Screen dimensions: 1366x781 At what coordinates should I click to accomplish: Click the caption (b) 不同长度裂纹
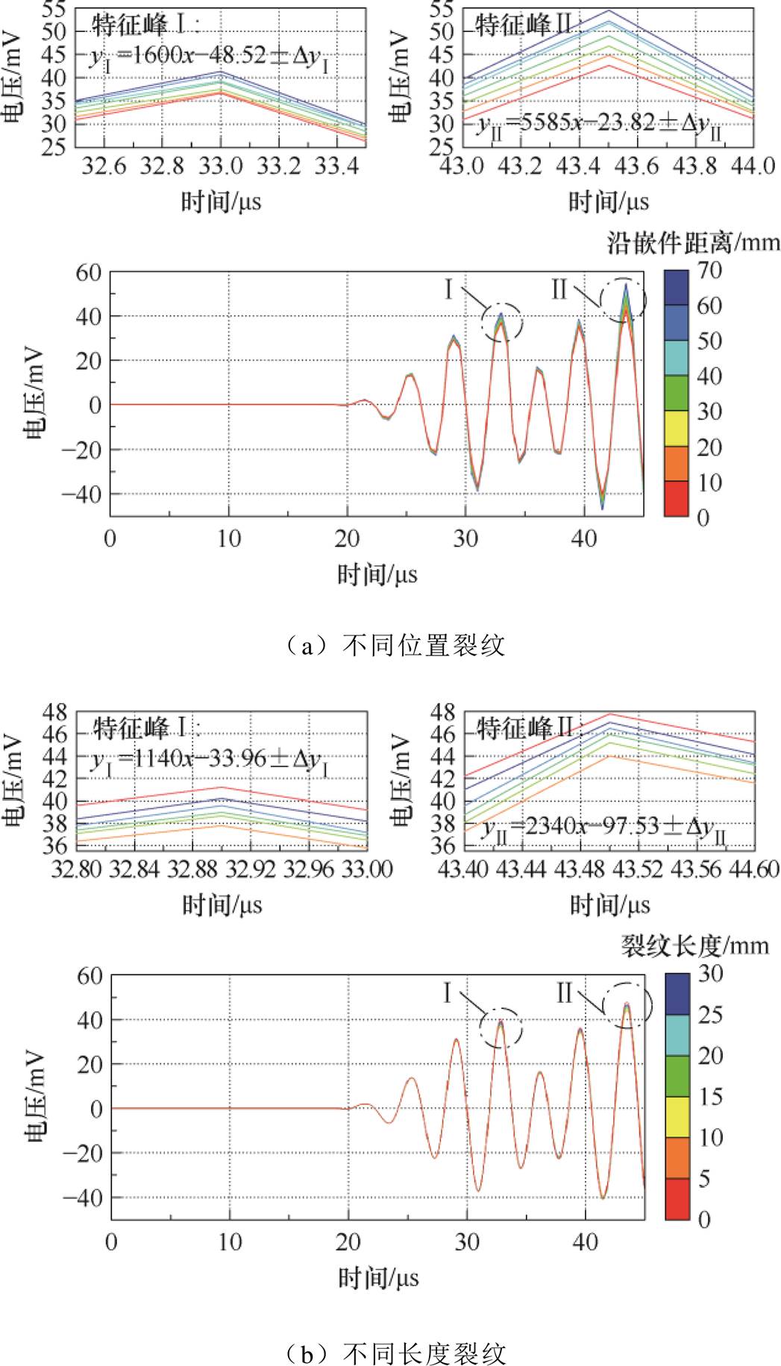[x=396, y=1352]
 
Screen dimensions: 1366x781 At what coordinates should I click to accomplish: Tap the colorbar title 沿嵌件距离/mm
[x=693, y=243]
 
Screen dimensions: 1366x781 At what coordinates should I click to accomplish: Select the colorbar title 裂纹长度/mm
[x=694, y=946]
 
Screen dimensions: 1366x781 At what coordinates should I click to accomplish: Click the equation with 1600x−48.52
[x=210, y=57]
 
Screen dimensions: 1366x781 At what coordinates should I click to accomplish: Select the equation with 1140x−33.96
[x=210, y=759]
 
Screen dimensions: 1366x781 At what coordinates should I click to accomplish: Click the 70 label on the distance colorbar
[x=709, y=271]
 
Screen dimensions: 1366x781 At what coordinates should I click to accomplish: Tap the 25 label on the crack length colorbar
[x=710, y=1015]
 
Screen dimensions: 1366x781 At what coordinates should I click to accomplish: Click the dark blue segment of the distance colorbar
[x=676, y=288]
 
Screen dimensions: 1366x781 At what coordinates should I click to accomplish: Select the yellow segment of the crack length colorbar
[x=677, y=1116]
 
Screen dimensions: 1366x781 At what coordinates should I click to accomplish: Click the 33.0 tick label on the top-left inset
[x=220, y=166]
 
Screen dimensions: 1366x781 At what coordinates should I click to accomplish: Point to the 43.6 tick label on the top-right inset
[x=636, y=166]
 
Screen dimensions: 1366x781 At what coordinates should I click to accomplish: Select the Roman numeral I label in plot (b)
[x=447, y=992]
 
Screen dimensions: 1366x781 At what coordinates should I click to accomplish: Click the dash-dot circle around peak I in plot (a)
[x=503, y=323]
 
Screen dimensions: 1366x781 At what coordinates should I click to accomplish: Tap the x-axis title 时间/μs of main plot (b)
[x=378, y=1278]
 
